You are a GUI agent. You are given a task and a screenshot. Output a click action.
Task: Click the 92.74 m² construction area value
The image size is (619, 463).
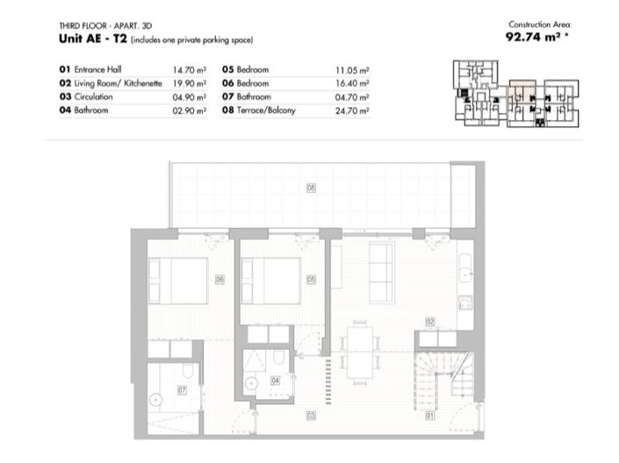537,38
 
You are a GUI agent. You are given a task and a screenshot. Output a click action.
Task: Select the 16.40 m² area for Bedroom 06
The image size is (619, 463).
353,83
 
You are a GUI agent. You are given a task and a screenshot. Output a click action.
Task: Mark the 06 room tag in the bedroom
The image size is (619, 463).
219,279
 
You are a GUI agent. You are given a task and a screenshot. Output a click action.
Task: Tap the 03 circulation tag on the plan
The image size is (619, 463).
311,416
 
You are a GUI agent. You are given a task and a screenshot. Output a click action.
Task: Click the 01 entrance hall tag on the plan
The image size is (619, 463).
429,416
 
